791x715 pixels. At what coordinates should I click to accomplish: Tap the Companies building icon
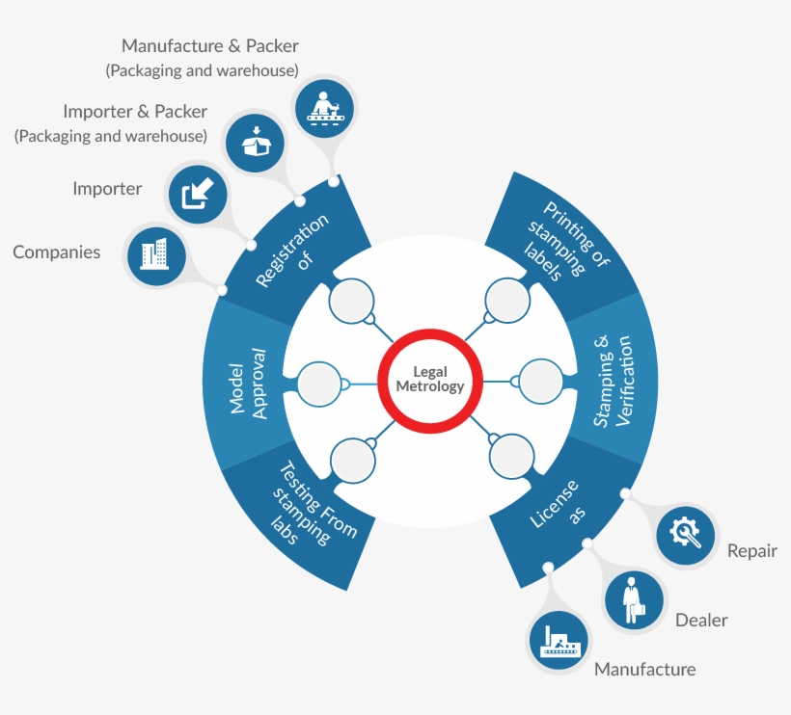(x=154, y=254)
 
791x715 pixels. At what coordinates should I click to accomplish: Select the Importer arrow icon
(x=197, y=193)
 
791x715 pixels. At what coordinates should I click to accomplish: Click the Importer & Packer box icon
(x=254, y=141)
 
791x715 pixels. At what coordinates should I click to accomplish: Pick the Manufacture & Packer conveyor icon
(x=323, y=103)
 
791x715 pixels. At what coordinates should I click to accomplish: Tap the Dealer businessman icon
(x=634, y=600)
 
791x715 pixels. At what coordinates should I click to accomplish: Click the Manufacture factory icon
(x=560, y=642)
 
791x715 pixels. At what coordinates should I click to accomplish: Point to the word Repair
(x=751, y=552)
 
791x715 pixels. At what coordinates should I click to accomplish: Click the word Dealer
(x=700, y=620)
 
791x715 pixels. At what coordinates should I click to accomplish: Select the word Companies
(x=57, y=252)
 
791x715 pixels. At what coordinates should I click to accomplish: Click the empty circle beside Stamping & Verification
(x=541, y=381)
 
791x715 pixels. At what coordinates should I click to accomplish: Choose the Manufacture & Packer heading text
(x=210, y=46)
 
